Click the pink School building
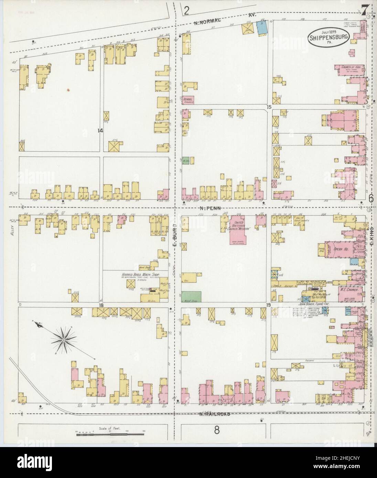(x=188, y=99)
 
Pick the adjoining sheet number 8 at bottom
(x=216, y=430)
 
